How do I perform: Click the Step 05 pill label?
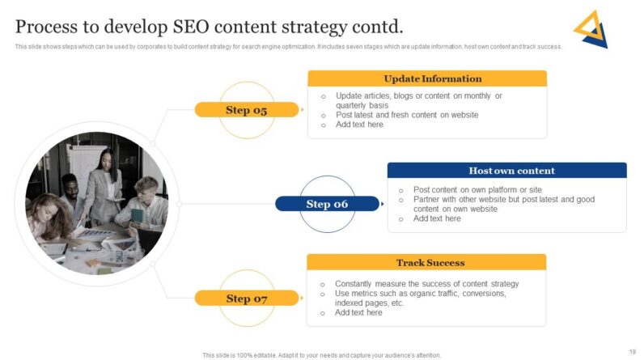click(246, 110)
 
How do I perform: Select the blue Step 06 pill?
click(327, 204)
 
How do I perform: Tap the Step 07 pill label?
click(246, 299)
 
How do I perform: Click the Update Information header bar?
click(426, 78)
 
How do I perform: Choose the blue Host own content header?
click(506, 171)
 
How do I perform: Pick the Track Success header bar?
click(426, 262)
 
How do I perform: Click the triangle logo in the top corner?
click(591, 29)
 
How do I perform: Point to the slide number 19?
click(631, 350)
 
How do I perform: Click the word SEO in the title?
click(196, 27)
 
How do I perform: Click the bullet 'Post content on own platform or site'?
click(477, 189)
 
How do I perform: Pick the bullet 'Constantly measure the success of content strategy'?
click(426, 284)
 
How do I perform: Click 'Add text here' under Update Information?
click(359, 125)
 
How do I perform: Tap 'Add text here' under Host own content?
click(437, 218)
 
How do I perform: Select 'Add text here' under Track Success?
click(358, 312)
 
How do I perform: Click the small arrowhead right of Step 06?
click(383, 204)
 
